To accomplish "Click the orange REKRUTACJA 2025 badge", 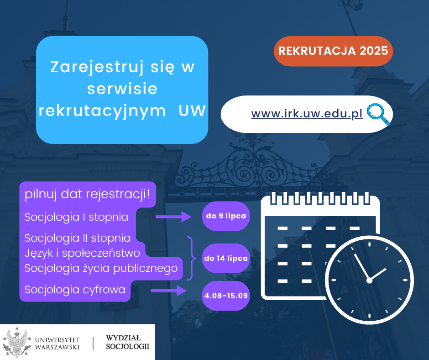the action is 333,51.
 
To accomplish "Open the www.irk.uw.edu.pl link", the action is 307,114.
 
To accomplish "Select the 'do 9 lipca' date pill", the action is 226,216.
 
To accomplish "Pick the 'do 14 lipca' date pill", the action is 226,259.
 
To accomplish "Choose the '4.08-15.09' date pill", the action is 226,296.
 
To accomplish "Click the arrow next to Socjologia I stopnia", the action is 173,217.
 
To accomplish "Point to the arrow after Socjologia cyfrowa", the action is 168,291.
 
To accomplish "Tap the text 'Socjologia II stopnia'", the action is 78,238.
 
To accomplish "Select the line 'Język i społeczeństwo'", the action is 82,253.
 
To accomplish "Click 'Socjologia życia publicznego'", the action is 101,268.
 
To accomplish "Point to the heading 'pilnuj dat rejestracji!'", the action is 87,194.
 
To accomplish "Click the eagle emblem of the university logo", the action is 17,343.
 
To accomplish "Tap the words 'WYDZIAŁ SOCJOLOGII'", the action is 127,342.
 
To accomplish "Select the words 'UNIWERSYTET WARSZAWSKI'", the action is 57,343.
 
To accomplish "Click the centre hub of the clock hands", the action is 369,280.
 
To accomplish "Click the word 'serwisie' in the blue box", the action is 122,89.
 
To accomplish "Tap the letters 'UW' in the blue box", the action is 192,111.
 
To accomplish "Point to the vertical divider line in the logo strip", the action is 93,344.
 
